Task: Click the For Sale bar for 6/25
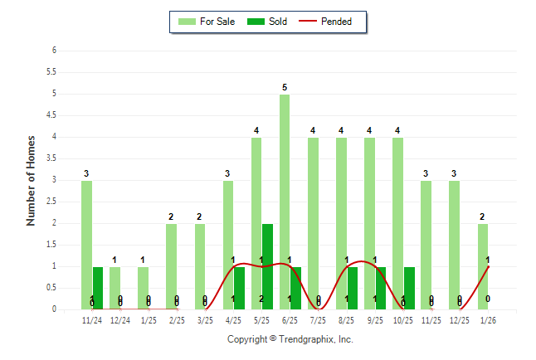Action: coord(285,202)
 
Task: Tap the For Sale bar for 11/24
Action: coord(86,245)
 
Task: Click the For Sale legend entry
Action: coord(207,22)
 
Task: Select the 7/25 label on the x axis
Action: coord(319,320)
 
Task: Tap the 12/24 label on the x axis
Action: coord(120,320)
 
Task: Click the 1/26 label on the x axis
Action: coord(488,320)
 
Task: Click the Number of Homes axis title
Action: coord(31,180)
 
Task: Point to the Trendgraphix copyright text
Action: coord(290,339)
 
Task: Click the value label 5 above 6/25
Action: coord(285,87)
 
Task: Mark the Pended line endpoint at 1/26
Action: coord(488,266)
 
